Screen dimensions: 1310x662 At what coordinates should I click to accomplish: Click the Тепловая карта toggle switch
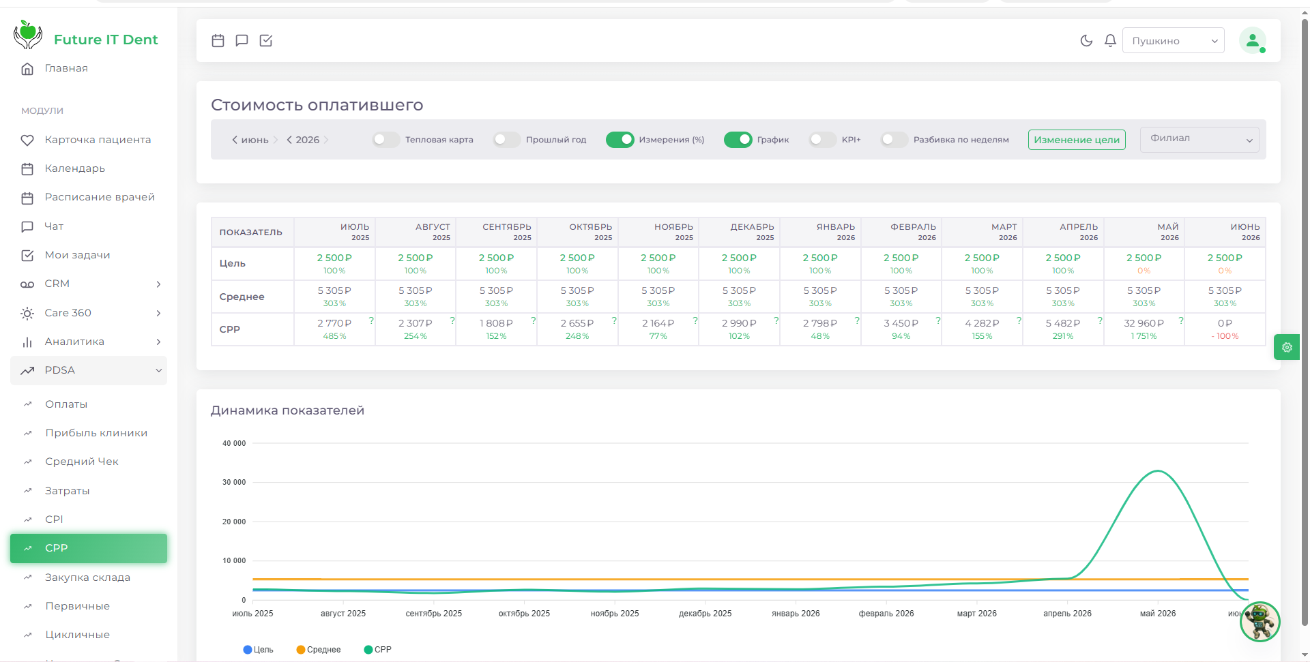coord(385,140)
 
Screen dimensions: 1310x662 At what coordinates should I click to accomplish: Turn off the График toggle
coord(738,140)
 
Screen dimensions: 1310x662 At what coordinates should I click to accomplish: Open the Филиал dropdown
coord(1199,140)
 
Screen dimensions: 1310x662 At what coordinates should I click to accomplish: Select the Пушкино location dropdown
coord(1174,41)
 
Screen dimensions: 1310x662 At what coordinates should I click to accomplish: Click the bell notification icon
coord(1110,41)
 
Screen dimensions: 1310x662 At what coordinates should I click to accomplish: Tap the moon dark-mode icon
coord(1086,41)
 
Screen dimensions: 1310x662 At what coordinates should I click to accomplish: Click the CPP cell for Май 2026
coord(1144,329)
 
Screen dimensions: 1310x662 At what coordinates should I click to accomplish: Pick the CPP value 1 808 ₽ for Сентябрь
coord(496,323)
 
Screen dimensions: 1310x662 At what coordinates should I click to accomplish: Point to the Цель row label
coord(233,264)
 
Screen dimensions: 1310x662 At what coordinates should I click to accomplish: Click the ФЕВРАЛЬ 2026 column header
coord(913,232)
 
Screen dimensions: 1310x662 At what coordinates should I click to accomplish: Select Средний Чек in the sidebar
coord(82,462)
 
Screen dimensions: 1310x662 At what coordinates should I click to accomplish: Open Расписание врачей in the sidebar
coord(100,197)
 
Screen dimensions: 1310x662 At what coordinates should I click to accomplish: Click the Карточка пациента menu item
coord(98,140)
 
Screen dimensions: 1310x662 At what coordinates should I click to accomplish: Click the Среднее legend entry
coord(319,650)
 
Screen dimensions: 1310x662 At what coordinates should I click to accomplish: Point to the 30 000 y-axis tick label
coord(234,482)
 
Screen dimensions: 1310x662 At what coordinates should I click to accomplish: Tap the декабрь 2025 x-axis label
coord(705,614)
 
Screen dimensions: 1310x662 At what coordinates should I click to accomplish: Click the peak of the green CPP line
coord(1158,471)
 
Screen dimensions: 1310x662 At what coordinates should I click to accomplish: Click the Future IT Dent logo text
coord(106,40)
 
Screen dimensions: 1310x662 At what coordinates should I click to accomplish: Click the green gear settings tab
coord(1287,347)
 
